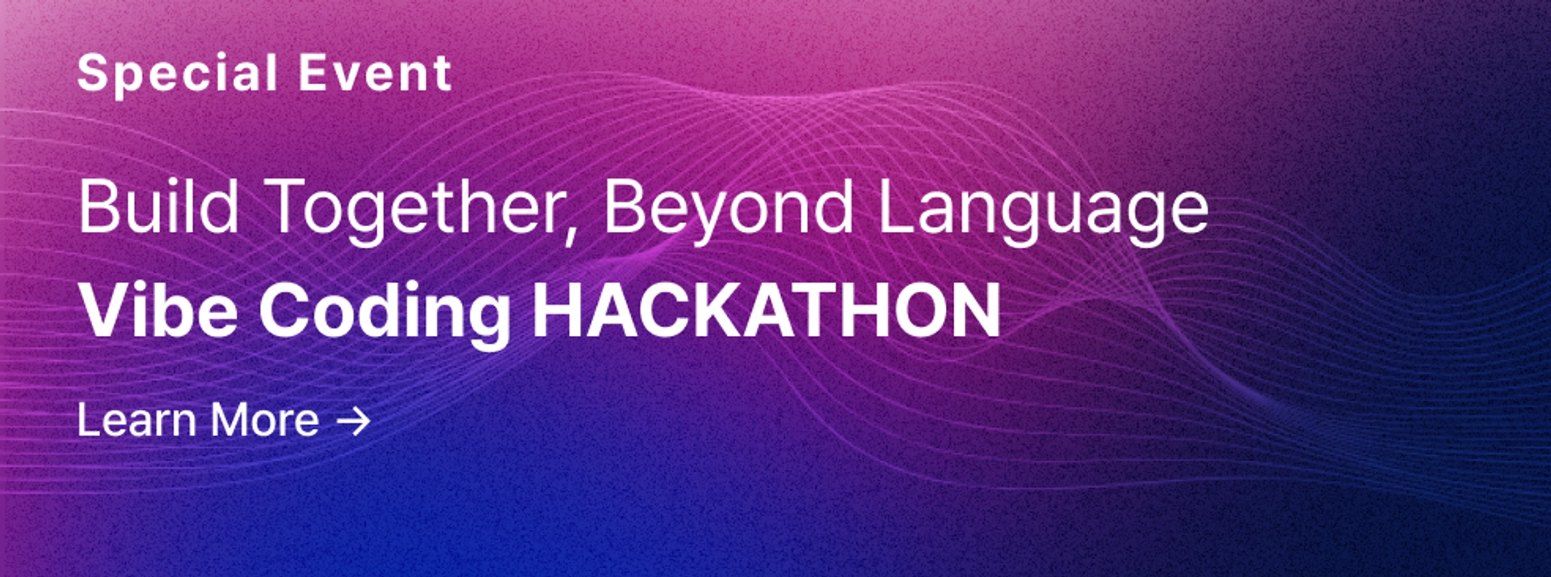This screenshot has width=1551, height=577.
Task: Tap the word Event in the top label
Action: pos(375,74)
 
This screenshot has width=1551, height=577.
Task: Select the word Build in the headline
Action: pos(158,207)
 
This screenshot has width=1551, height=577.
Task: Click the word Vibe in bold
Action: pos(158,310)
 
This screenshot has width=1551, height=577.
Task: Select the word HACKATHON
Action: pos(766,310)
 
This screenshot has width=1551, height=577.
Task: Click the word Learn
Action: pos(137,420)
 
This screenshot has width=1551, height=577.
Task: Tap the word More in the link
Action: pos(265,420)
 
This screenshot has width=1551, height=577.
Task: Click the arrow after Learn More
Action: pos(353,421)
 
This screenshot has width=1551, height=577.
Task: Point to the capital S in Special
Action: pos(94,74)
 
